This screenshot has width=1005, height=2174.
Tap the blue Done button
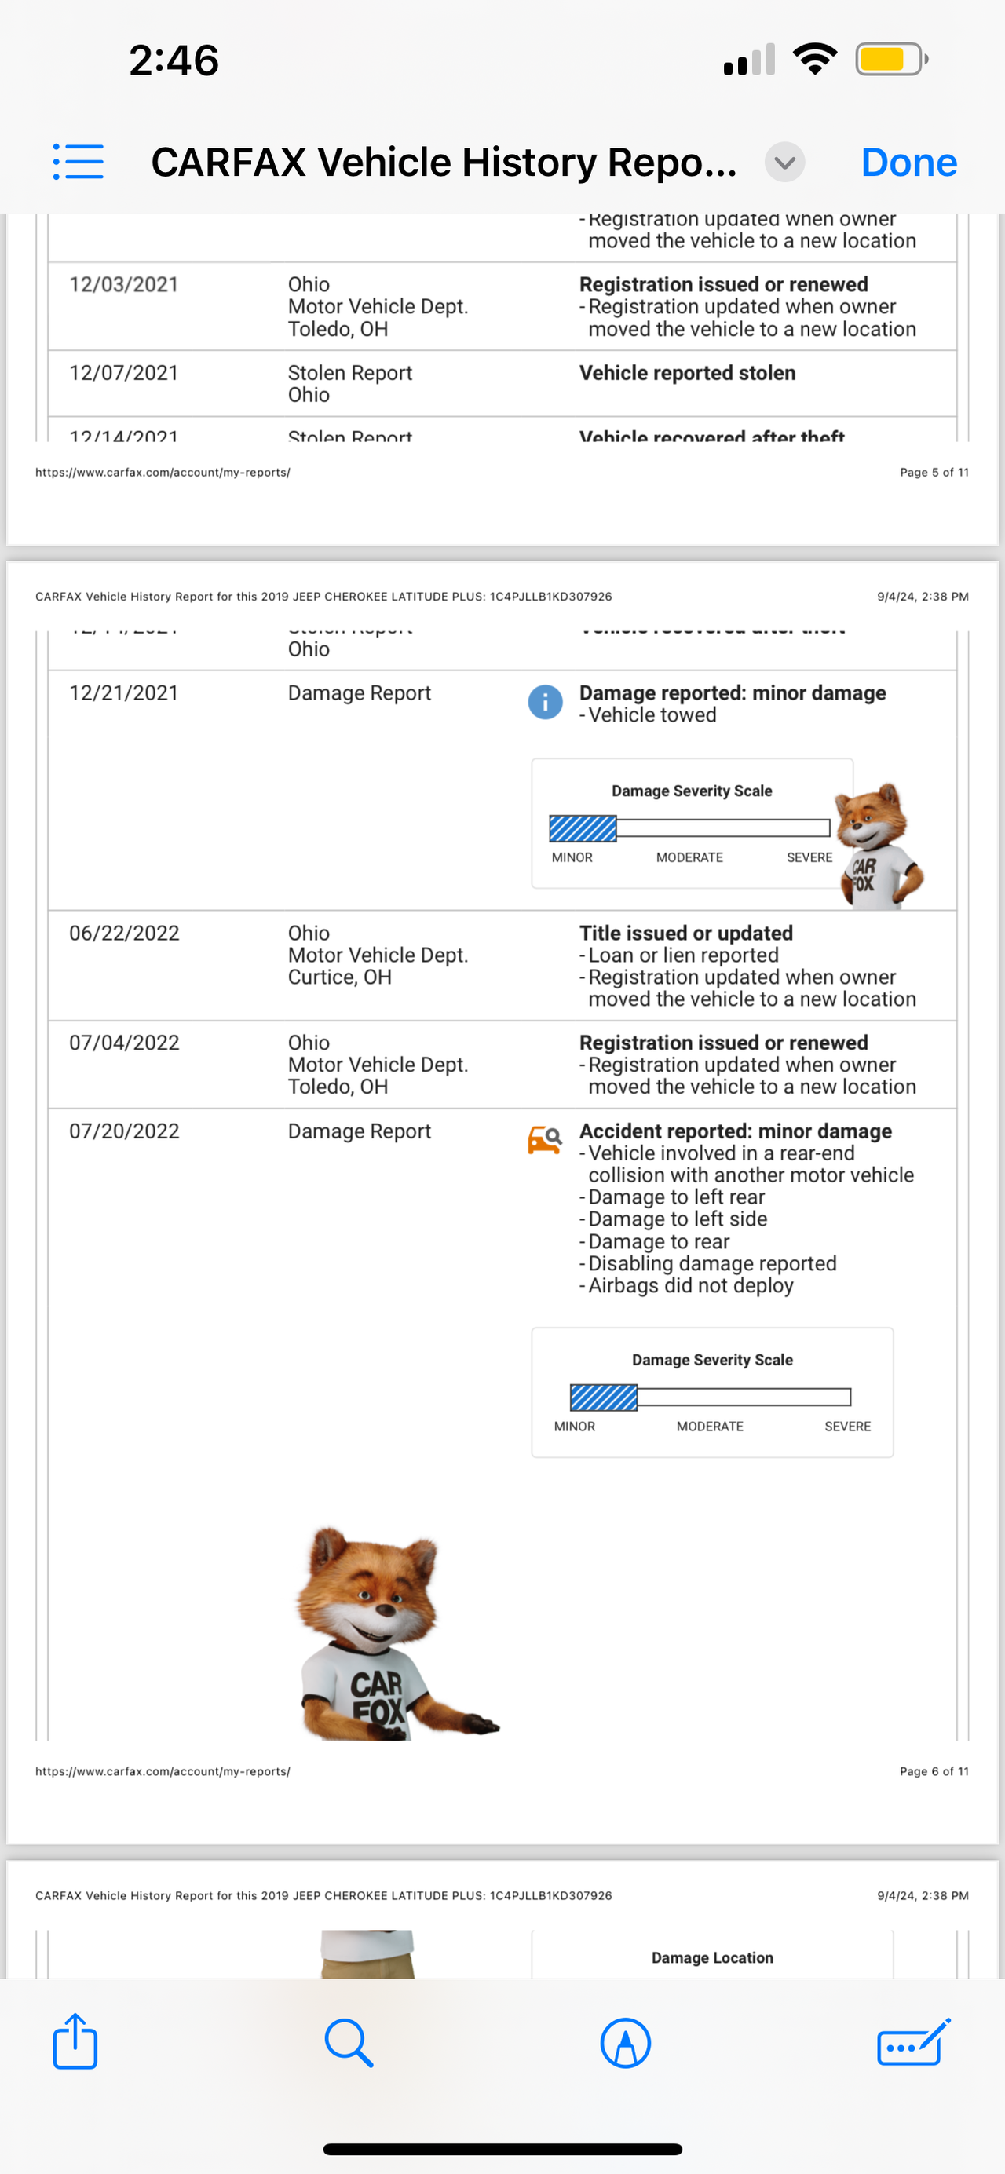coord(908,162)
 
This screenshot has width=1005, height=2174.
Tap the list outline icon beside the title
coord(79,161)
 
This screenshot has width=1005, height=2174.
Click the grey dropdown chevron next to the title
coord(784,162)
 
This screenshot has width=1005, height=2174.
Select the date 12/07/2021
coord(124,373)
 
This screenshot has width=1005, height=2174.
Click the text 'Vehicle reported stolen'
coord(687,373)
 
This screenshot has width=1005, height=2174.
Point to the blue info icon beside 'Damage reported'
coord(545,702)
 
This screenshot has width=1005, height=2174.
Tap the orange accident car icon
coord(544,1139)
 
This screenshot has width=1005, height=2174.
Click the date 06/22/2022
coord(124,934)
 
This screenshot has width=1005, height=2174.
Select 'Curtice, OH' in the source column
coord(339,977)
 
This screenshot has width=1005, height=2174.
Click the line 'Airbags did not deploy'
coord(690,1285)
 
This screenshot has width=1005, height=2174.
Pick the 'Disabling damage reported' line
coord(711,1263)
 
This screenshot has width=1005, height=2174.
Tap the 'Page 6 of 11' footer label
coord(934,1771)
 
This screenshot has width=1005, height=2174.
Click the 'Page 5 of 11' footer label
coord(934,473)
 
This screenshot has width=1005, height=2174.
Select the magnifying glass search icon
coord(349,2043)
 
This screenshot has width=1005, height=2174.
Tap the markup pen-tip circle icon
coord(625,2043)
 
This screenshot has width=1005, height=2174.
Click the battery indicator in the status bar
coord(891,60)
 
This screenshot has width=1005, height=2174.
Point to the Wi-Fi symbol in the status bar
coord(814,59)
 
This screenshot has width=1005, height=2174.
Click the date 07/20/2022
coord(124,1131)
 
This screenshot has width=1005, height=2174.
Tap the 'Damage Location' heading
coord(712,1958)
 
